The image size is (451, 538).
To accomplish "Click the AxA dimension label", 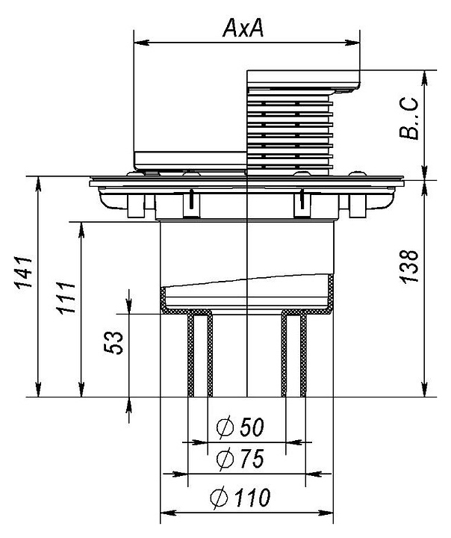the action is (243, 28).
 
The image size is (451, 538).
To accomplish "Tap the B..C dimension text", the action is (409, 118).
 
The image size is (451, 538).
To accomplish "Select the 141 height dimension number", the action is (23, 272).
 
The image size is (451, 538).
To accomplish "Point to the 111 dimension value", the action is (66, 298).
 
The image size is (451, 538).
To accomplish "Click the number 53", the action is (113, 342).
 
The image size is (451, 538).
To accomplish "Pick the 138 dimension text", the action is (409, 267).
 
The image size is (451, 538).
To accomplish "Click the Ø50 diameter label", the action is (240, 427).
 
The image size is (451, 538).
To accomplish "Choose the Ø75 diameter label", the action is (240, 459).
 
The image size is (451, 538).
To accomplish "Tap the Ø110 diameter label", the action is (240, 497).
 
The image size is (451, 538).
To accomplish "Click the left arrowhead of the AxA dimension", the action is (140, 43).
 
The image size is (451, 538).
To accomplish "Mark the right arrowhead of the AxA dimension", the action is (352, 43).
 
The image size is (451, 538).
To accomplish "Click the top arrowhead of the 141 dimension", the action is (38, 185).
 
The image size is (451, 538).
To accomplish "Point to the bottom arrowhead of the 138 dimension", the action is (425, 389).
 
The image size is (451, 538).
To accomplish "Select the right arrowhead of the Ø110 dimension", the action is (326, 513).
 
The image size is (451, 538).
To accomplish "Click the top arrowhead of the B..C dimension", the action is (425, 78).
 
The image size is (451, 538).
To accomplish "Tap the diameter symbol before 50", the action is (225, 428).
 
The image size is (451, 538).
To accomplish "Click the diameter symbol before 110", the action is (220, 497).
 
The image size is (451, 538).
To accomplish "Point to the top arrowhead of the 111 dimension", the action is (81, 230).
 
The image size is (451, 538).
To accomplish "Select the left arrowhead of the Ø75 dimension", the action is (181, 474).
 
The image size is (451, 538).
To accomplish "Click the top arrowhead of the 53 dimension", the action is (129, 306).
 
